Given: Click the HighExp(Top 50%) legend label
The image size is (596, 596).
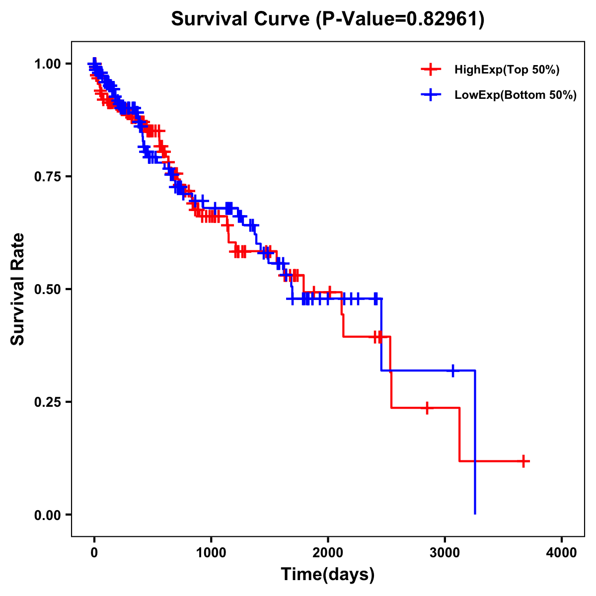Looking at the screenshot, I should coord(507,70).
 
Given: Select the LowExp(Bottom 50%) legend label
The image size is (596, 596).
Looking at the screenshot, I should coord(516,95).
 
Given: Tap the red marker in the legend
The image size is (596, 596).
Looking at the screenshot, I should coord(431,70).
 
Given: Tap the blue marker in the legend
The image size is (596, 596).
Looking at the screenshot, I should coord(431,95).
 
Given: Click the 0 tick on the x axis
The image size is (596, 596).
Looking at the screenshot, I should coord(94,553).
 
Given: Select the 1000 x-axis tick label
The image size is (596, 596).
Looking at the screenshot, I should coord(211,553).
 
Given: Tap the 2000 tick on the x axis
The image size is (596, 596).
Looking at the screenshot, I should coord(328,553).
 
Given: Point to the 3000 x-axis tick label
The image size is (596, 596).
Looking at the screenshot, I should coord(445,553).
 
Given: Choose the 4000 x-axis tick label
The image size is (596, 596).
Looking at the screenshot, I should coord(562,553).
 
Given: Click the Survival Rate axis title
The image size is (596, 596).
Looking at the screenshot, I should coord(18,289).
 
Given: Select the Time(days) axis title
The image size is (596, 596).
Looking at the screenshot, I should coord(328,575).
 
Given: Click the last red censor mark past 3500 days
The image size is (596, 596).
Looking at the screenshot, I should coord(523,461).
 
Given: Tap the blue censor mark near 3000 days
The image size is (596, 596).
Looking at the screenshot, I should coord(453,371).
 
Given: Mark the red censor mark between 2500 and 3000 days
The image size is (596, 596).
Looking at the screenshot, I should coord(427,408).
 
